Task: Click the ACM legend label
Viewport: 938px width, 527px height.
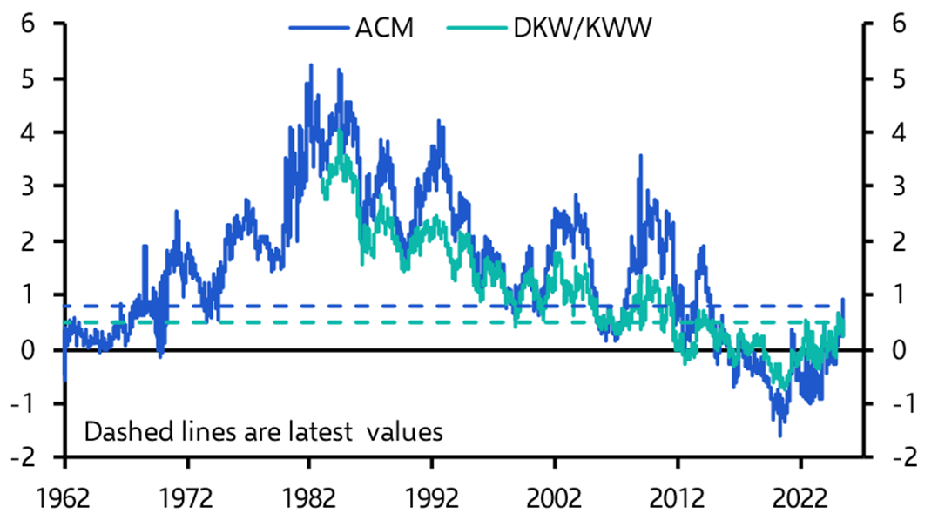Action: [x=383, y=28]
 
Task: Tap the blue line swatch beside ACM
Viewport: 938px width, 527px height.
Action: [x=318, y=29]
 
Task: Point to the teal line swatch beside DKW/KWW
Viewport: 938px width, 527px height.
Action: [x=475, y=29]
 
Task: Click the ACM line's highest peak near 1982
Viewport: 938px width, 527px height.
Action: [x=311, y=64]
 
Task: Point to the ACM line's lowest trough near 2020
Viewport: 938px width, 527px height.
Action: [x=780, y=436]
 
